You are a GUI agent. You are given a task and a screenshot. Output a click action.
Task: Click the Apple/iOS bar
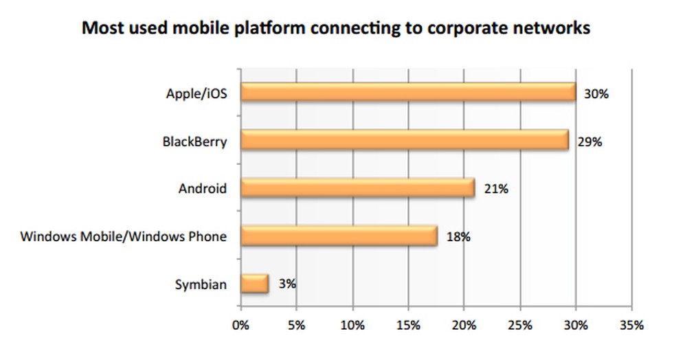coord(408,92)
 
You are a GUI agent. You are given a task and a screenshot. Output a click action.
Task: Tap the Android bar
coord(357,188)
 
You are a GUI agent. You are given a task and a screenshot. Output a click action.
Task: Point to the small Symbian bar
coord(254,283)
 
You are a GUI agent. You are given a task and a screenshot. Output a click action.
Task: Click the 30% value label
coord(596,94)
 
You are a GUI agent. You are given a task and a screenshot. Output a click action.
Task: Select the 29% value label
coord(589,142)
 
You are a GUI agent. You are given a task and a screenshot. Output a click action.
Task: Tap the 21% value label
coord(495,189)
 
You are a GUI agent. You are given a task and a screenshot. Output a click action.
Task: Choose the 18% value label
coord(458,237)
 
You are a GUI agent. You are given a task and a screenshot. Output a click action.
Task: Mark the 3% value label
coord(287,282)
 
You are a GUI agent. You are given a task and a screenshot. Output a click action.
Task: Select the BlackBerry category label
coord(194,142)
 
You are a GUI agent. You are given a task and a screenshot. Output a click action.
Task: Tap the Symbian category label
coord(201,284)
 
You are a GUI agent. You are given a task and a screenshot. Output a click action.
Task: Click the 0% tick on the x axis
coord(241,324)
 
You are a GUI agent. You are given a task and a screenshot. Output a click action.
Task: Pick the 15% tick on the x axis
coord(408,324)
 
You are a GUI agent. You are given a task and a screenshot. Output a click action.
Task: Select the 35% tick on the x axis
coord(631,324)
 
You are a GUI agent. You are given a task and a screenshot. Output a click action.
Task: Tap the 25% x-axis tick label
coord(520,324)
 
